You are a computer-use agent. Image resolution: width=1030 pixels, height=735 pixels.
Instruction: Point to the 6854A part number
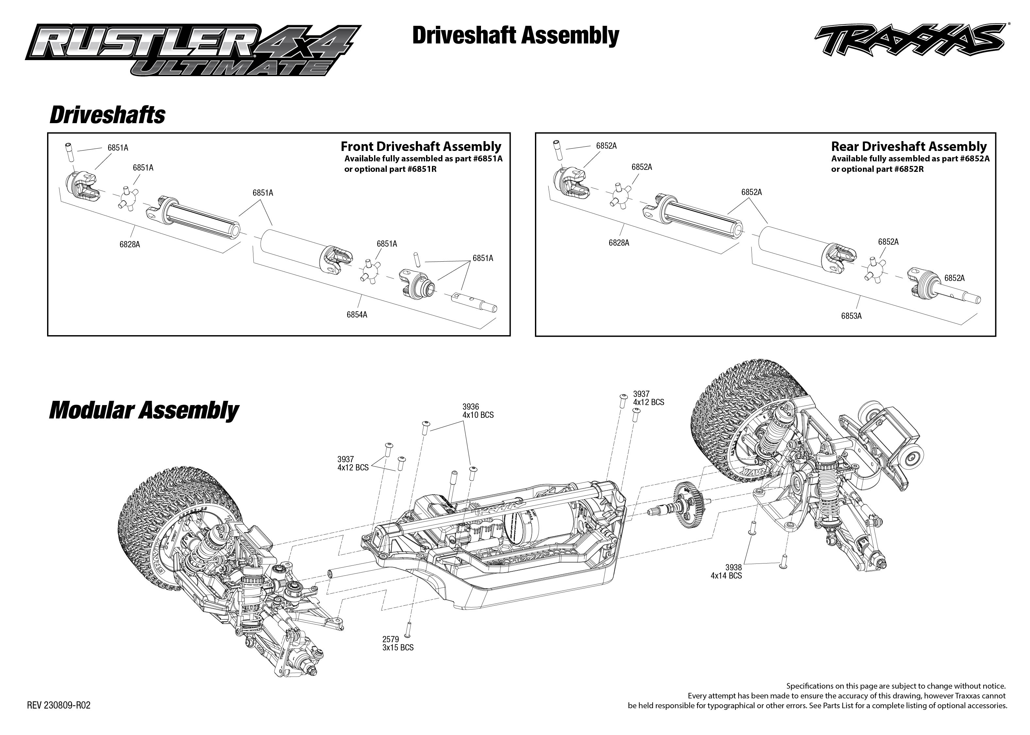(357, 315)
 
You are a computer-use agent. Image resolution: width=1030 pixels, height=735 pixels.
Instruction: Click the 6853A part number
(851, 316)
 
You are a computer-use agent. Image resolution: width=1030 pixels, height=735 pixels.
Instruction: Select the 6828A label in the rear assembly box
(619, 243)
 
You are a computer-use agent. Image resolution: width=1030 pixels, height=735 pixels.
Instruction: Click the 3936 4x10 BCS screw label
(477, 411)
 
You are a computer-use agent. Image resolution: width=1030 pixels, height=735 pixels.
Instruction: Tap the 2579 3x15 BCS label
(397, 643)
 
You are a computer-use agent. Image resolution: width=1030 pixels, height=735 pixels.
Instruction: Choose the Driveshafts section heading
(107, 115)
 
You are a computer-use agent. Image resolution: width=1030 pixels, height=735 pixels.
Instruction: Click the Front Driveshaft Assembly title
(421, 147)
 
